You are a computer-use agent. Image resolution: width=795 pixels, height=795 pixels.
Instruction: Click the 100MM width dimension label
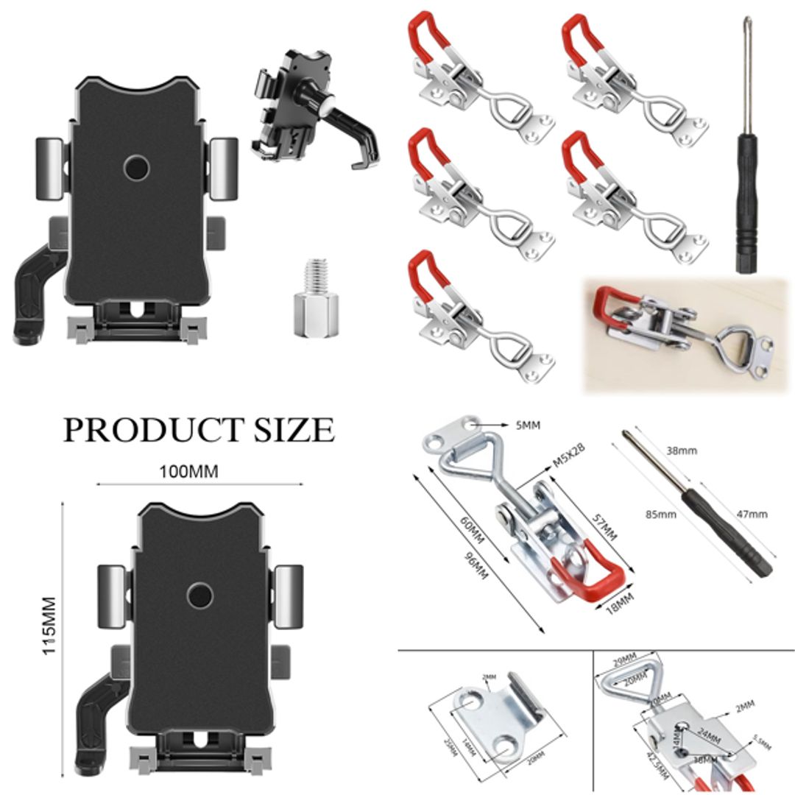[x=189, y=471]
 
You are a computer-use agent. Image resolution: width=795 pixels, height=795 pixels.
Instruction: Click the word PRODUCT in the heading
[x=151, y=430]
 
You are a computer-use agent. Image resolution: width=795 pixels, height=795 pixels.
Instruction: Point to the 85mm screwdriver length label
[x=660, y=514]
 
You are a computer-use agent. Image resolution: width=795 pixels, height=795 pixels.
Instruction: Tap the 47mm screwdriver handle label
[x=752, y=514]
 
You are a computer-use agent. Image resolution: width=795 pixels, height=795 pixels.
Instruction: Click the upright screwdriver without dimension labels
[x=747, y=147]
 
